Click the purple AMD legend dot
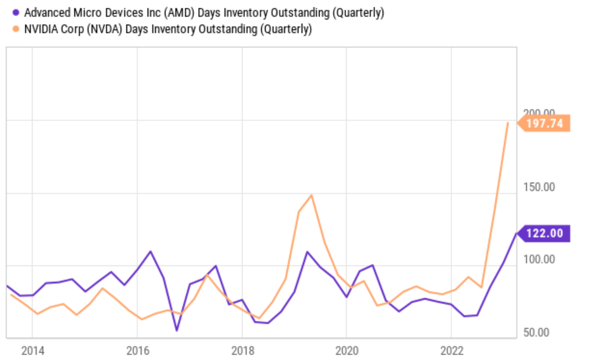pyautogui.click(x=16, y=12)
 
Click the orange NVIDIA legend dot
pyautogui.click(x=16, y=29)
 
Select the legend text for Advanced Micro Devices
pyautogui.click(x=204, y=12)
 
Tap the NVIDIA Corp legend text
pyautogui.click(x=168, y=29)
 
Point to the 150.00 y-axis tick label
pyautogui.click(x=539, y=187)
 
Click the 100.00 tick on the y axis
pyautogui.click(x=539, y=259)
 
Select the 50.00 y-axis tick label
pyautogui.click(x=536, y=332)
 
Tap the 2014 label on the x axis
pyautogui.click(x=33, y=351)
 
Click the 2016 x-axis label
pyautogui.click(x=138, y=351)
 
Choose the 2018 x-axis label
pyautogui.click(x=242, y=351)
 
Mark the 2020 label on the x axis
pyautogui.click(x=347, y=351)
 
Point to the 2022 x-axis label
pyautogui.click(x=452, y=351)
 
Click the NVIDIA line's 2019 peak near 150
pyautogui.click(x=311, y=195)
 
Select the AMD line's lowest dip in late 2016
pyautogui.click(x=177, y=330)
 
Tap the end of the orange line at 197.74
pyautogui.click(x=508, y=123)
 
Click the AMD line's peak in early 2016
pyautogui.click(x=150, y=251)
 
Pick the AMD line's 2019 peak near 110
pyautogui.click(x=307, y=252)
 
